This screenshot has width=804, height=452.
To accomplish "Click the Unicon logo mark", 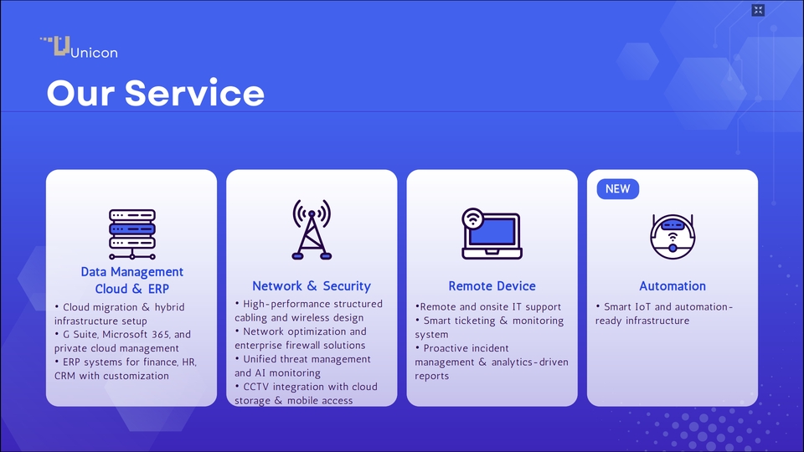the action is (55, 45).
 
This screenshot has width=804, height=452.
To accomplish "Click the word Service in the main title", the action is (194, 93).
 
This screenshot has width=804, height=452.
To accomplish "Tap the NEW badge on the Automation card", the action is (618, 189).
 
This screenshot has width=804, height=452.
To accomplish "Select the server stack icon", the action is (132, 234).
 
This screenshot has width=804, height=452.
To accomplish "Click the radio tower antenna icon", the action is (312, 229).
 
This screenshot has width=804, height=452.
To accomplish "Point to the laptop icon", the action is (492, 234).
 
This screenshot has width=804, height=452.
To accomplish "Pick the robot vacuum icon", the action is (673, 237).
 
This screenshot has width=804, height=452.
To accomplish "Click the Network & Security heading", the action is (312, 286).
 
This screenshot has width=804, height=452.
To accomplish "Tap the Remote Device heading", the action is (492, 286).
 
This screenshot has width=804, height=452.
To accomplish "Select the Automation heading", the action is (673, 286).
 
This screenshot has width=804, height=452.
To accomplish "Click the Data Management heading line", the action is (131, 271).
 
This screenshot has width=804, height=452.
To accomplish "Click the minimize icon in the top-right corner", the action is (758, 10).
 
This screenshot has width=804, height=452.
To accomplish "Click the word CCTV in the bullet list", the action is (255, 387).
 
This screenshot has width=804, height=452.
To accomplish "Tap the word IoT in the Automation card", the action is (642, 307).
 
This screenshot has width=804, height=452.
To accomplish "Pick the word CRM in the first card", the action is (64, 376).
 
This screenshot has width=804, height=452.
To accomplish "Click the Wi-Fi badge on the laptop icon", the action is (472, 218).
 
